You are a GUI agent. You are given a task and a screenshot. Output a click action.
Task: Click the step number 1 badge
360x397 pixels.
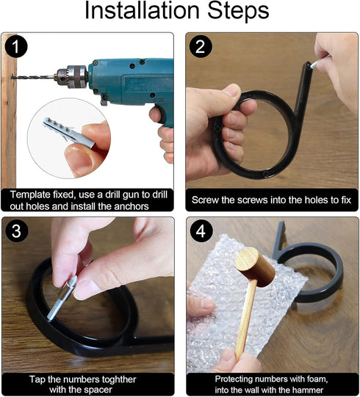(16, 47)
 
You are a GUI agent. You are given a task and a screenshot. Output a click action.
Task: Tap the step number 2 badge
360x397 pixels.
(201, 47)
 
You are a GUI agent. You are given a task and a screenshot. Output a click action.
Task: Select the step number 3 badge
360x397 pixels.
(16, 231)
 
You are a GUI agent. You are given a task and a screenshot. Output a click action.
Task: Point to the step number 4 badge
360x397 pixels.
(201, 231)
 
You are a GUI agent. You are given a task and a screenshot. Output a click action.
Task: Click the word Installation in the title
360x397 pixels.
(142, 10)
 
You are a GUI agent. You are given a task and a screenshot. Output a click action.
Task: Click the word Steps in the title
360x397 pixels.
(238, 11)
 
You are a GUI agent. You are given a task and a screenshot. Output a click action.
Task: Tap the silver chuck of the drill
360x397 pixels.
(72, 76)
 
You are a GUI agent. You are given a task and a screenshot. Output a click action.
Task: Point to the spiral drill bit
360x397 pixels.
(34, 77)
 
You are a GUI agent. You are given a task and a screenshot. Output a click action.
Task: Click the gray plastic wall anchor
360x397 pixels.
(68, 134)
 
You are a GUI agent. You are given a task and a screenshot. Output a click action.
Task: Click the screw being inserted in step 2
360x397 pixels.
(319, 61)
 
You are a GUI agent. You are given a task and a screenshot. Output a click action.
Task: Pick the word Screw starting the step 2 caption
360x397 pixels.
(205, 200)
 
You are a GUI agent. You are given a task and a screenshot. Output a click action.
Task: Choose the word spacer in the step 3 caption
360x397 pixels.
(96, 390)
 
